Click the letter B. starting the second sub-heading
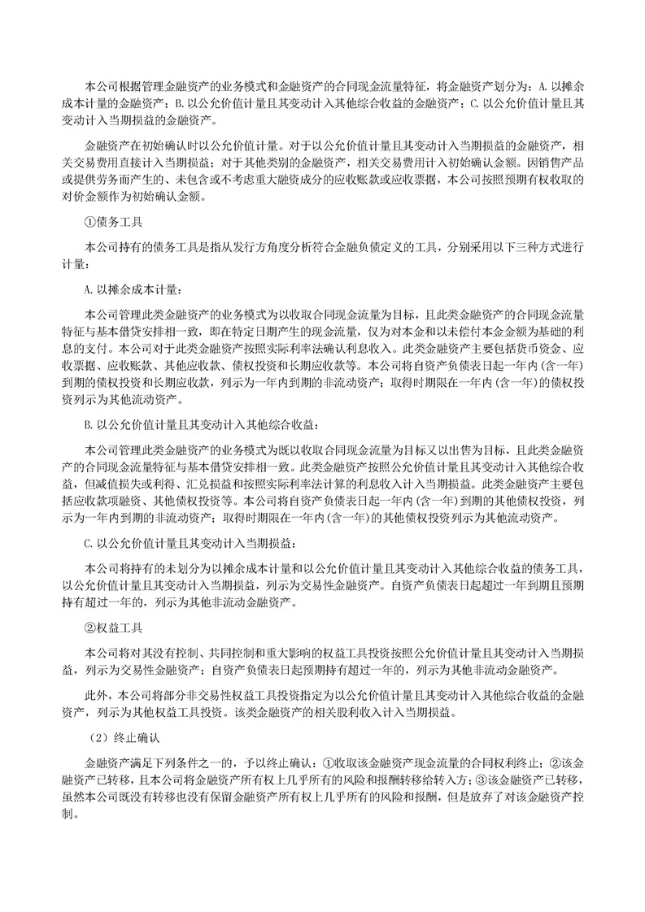point(89,423)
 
